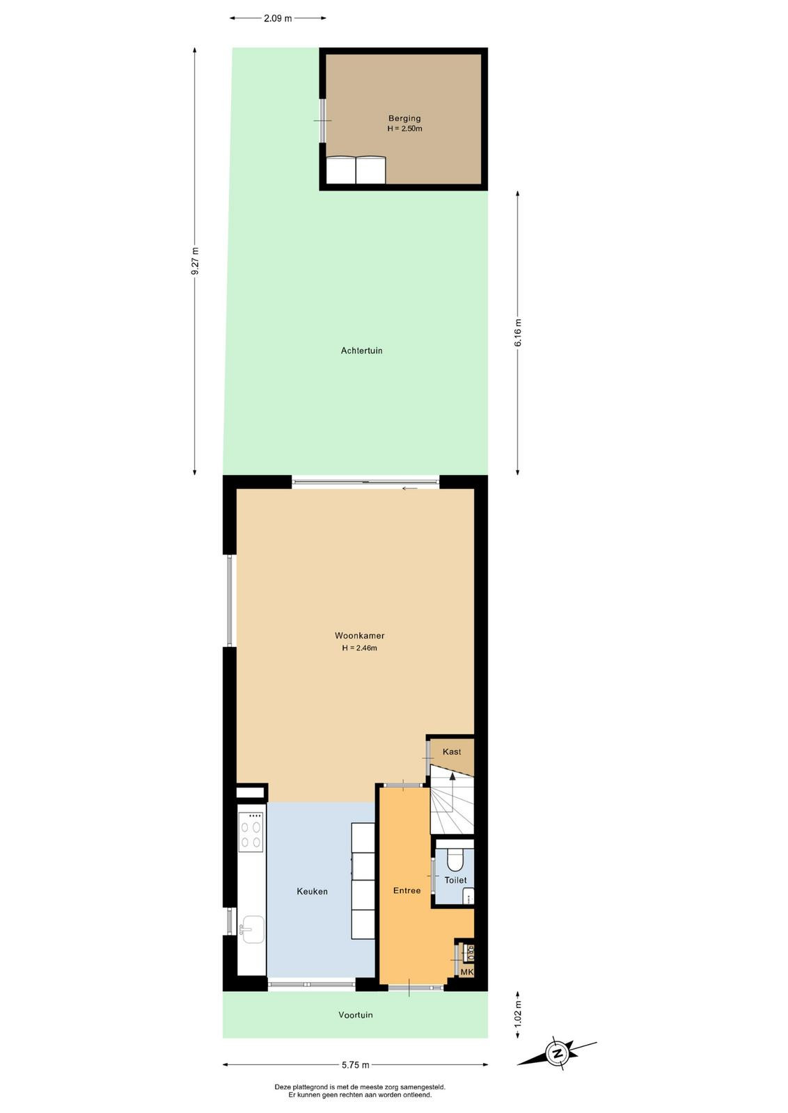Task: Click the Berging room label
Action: pyautogui.click(x=404, y=118)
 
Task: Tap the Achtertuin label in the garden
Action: pyautogui.click(x=361, y=351)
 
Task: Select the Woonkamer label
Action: pyautogui.click(x=359, y=636)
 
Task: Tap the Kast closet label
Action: pyautogui.click(x=451, y=752)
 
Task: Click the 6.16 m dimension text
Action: pyautogui.click(x=517, y=333)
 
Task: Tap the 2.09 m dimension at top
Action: pyautogui.click(x=278, y=18)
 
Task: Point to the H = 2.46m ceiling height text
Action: pyautogui.click(x=359, y=648)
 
